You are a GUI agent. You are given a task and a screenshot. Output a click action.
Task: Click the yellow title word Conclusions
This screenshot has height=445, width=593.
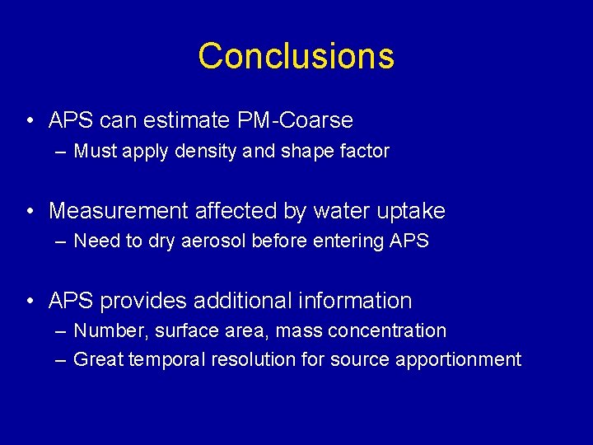296,56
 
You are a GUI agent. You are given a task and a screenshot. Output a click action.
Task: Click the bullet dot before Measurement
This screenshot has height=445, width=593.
30,212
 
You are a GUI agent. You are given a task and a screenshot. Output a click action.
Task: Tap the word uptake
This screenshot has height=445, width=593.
412,211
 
